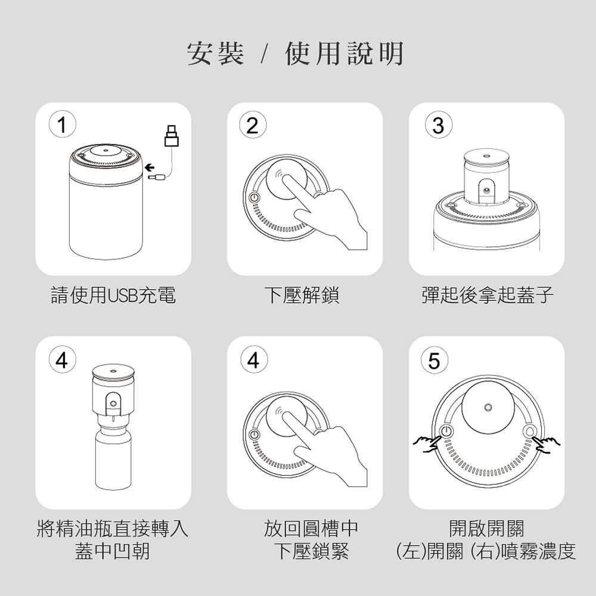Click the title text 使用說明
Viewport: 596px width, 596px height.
(x=344, y=54)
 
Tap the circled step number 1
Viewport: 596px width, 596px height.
(x=63, y=125)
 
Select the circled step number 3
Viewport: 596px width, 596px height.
(x=438, y=125)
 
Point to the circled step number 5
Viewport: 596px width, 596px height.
(x=434, y=360)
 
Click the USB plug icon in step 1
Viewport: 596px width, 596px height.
(x=172, y=136)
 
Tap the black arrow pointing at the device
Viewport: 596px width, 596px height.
(x=150, y=167)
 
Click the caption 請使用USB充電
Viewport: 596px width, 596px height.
(x=113, y=296)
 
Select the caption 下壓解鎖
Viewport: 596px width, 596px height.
(x=302, y=296)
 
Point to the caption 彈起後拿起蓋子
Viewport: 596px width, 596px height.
(x=488, y=296)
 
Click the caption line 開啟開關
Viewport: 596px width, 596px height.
(x=486, y=528)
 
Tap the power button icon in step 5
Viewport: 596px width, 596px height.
(x=446, y=431)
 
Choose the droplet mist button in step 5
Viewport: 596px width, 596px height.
(x=529, y=431)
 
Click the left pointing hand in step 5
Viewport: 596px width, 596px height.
(x=427, y=443)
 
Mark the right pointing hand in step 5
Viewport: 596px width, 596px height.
(x=547, y=445)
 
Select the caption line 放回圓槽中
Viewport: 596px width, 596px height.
(x=311, y=528)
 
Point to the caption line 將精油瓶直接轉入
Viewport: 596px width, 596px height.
(x=113, y=528)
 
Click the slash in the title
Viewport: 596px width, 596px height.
(x=265, y=54)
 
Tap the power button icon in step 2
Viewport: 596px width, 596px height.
(x=254, y=198)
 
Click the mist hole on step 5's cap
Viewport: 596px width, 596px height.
(x=488, y=408)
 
